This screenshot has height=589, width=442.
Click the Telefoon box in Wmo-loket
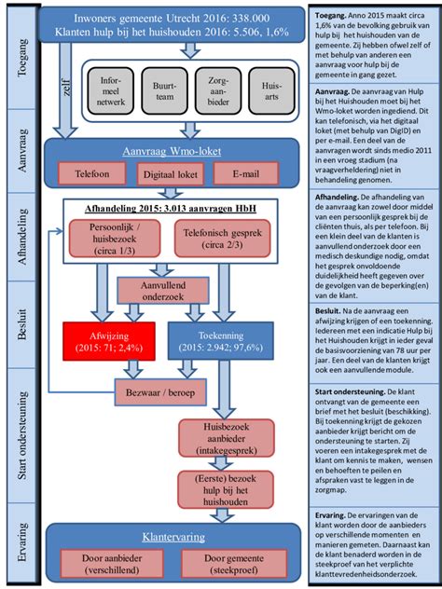coord(91,172)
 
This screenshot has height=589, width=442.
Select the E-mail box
coord(245,172)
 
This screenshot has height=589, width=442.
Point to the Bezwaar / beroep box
coord(168,390)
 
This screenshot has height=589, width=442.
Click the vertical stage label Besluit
coord(21,347)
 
